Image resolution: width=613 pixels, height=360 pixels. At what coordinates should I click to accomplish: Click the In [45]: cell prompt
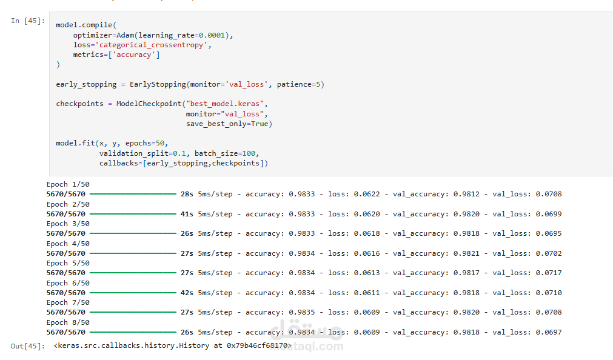point(28,21)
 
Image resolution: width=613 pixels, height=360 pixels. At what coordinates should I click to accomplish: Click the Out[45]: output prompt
point(28,346)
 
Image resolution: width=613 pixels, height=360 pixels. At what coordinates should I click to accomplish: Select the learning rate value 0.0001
point(212,35)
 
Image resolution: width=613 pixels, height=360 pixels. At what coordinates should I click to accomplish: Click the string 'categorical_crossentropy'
point(152,45)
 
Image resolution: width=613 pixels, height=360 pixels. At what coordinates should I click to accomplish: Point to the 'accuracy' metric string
point(134,55)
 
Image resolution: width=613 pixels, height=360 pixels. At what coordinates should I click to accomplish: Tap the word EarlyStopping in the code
point(158,84)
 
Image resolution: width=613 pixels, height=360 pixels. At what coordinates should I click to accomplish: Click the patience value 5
point(318,84)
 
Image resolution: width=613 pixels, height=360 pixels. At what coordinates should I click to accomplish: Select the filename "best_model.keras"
point(225,104)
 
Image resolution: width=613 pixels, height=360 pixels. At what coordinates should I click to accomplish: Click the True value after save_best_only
point(260,124)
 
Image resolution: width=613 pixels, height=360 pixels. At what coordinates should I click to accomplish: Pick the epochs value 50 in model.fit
point(160,143)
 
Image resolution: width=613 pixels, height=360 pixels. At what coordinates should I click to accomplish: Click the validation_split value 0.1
point(179,153)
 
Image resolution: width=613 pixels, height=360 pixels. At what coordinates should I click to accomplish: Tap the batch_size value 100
point(249,153)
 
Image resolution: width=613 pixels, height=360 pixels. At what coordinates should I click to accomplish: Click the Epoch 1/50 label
point(68,184)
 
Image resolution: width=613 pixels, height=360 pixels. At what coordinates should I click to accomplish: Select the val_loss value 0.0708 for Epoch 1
point(549,194)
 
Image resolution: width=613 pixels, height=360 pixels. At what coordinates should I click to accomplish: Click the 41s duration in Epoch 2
point(187,214)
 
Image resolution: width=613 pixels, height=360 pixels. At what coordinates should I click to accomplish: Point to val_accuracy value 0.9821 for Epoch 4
point(466,253)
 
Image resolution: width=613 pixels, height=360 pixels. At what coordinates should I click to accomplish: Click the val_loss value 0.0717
point(549,273)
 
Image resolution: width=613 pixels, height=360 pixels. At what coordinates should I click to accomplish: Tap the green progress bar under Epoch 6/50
point(133,293)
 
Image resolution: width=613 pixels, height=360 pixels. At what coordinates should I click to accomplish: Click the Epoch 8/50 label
point(68,322)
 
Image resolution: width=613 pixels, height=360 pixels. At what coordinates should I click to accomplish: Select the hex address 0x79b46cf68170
point(257,345)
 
